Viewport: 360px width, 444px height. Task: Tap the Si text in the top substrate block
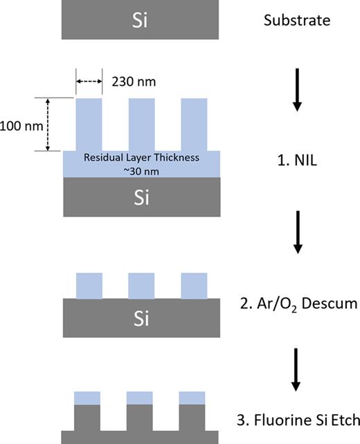[x=141, y=19]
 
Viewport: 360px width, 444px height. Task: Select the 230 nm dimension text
[x=134, y=82]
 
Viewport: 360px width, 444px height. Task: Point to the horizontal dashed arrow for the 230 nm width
[x=88, y=82]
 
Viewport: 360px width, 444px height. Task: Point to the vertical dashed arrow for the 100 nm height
[x=48, y=125]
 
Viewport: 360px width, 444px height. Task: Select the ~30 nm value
[x=141, y=170]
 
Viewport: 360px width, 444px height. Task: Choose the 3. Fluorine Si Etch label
[x=296, y=420]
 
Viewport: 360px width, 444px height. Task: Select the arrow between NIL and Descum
[x=296, y=231]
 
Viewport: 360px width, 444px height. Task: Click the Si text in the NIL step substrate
[x=141, y=198]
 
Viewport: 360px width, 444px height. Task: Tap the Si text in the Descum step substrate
[x=141, y=319]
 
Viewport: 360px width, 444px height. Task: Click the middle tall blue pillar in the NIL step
[x=141, y=125]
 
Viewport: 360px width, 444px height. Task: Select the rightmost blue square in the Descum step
[x=193, y=285]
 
